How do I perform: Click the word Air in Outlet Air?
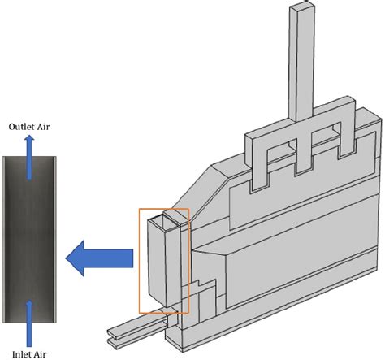(45, 126)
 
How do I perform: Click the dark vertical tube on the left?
(30, 228)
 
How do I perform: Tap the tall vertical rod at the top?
(305, 57)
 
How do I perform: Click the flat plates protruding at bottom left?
(134, 329)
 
